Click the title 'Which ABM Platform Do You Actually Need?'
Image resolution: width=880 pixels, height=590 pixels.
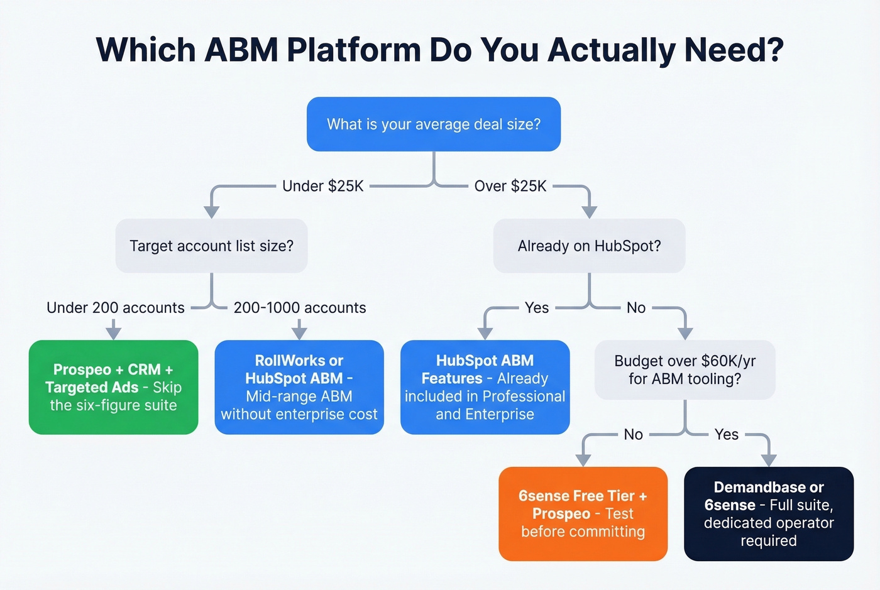[439, 50]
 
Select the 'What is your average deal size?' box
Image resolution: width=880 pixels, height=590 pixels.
[434, 124]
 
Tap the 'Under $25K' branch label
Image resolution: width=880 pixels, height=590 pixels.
[323, 186]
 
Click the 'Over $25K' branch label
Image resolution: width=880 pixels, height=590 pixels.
[510, 186]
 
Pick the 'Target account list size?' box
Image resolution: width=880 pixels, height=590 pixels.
[211, 246]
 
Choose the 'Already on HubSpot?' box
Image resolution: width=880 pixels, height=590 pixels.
[589, 246]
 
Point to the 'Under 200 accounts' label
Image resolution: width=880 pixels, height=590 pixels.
[116, 308]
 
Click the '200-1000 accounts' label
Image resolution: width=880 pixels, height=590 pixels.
[300, 308]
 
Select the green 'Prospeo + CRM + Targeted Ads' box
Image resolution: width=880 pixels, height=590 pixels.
[114, 387]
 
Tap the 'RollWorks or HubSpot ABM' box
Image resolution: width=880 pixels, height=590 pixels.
[299, 387]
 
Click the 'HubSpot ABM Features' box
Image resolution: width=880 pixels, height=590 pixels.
[485, 387]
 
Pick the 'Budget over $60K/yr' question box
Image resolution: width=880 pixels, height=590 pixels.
[685, 369]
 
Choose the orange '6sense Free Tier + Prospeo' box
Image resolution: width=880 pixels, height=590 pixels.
[583, 513]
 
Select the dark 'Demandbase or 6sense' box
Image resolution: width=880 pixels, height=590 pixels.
[768, 513]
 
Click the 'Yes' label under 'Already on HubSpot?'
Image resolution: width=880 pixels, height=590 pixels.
[537, 308]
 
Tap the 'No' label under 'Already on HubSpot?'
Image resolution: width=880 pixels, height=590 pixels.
[636, 308]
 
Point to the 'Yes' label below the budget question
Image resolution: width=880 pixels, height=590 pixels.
[727, 434]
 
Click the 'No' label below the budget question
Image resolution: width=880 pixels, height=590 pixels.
[633, 434]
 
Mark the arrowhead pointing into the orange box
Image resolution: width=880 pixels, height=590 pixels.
[583, 460]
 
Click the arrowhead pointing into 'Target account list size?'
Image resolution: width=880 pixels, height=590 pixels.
[212, 212]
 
